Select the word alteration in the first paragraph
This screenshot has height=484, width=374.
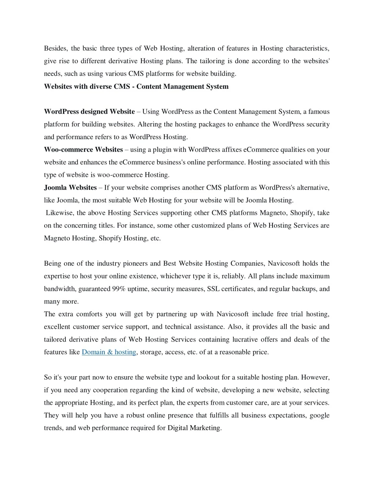coord(201,48)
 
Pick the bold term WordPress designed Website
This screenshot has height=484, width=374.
coord(89,112)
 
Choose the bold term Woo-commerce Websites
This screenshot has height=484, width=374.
coord(83,149)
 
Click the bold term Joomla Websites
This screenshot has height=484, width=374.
coord(70,187)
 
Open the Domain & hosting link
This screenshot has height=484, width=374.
coord(109,352)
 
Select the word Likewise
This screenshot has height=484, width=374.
coord(60,213)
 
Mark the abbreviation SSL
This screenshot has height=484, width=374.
coord(213,289)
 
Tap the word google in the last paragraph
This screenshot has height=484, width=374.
coord(320,415)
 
